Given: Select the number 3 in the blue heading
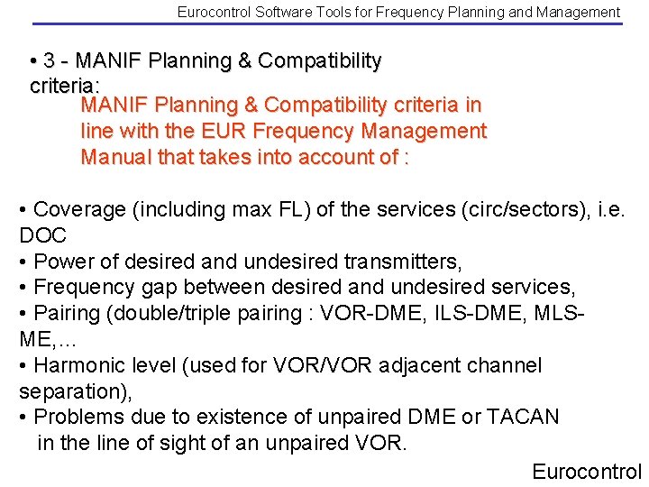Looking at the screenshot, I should coord(50,61).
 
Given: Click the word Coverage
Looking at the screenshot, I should coord(78,210).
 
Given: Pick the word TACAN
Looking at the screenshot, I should coord(523,418).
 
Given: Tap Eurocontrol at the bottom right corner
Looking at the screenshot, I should coord(586,472).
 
